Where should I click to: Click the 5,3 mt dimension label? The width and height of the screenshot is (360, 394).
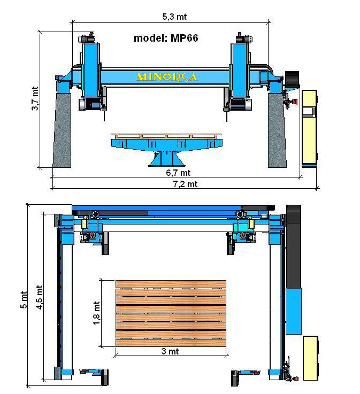[x=174, y=17]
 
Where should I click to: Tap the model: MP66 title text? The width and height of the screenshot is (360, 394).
[x=166, y=38]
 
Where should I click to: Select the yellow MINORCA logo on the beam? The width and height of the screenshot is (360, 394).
[x=167, y=77]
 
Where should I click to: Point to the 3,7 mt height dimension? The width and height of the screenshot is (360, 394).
[x=35, y=98]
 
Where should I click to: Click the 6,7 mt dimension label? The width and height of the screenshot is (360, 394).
[x=178, y=173]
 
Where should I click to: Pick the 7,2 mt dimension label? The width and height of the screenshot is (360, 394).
[x=185, y=184]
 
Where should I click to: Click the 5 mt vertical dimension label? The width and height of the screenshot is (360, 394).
[x=24, y=300]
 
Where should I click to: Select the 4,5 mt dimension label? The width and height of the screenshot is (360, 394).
[x=39, y=297]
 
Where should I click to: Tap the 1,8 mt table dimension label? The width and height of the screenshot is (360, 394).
[x=96, y=313]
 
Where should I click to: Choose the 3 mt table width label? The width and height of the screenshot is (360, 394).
[x=170, y=351]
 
